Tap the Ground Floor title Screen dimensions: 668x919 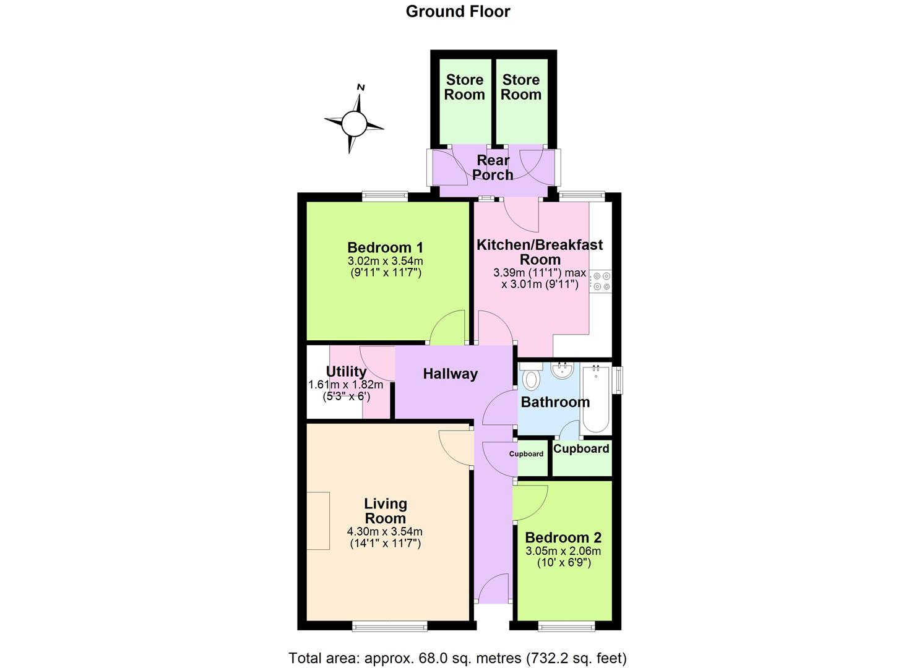[458, 11]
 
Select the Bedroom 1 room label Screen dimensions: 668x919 [385, 247]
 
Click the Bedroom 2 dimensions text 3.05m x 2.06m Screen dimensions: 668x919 [563, 551]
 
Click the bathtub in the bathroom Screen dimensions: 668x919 [595, 399]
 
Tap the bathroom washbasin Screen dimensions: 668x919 [563, 370]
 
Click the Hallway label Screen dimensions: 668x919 [450, 374]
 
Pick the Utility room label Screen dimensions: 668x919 [346, 371]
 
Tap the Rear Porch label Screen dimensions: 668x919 [493, 167]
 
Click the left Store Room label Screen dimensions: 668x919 [465, 87]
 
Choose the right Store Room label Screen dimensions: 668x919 [521, 87]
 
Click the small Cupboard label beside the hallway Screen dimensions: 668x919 [526, 454]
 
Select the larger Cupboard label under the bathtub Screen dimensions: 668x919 [581, 448]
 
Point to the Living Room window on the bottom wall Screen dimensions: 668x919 [390, 627]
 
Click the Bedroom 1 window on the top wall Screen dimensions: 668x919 [385, 196]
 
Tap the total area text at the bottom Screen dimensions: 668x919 [457, 657]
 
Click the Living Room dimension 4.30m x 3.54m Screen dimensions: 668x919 [385, 531]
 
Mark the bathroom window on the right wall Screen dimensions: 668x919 [618, 380]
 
